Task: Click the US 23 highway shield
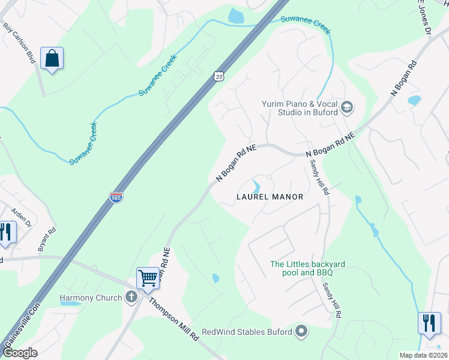pos(220,76)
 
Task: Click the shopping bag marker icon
pos(52,59)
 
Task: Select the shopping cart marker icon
pos(148,278)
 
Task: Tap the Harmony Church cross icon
pos(132,297)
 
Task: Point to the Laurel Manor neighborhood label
pos(270,196)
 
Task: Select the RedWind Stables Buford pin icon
pos(302,331)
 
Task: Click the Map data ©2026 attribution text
pos(423,355)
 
